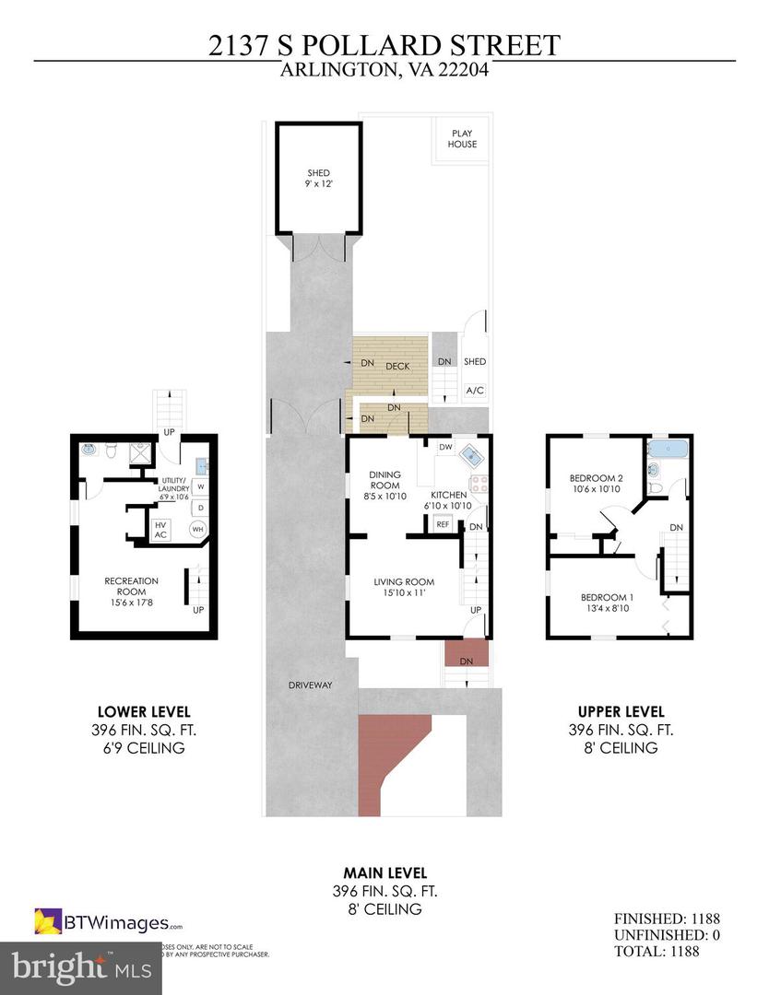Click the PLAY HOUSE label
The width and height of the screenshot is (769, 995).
462,138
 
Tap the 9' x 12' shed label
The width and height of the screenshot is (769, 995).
318,179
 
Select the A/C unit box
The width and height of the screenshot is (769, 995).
475,391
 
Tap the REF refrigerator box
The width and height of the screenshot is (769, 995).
443,523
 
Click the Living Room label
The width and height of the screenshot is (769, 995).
403,587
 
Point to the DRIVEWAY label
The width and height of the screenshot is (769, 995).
308,685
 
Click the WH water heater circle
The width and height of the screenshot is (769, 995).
197,530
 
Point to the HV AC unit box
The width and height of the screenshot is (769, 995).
160,530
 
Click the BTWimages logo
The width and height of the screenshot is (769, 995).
109,921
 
